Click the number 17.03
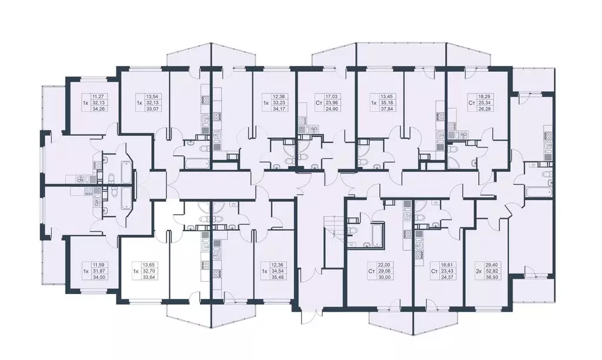[333, 96]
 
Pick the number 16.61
[445, 266]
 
